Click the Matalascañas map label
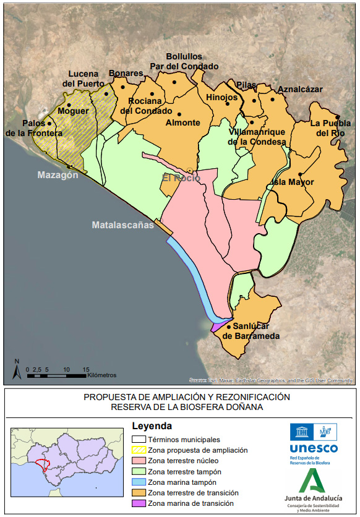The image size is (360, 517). point(123,225)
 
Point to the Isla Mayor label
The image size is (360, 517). point(293,182)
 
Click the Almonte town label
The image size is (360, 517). point(182,122)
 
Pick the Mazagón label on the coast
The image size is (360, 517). point(58,175)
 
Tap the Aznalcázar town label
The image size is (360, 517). point(300,89)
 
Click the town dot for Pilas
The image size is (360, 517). point(253,100)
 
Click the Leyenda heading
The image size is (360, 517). point(152,426)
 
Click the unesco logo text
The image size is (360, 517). point(314,448)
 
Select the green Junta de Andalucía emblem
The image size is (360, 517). point(313,480)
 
